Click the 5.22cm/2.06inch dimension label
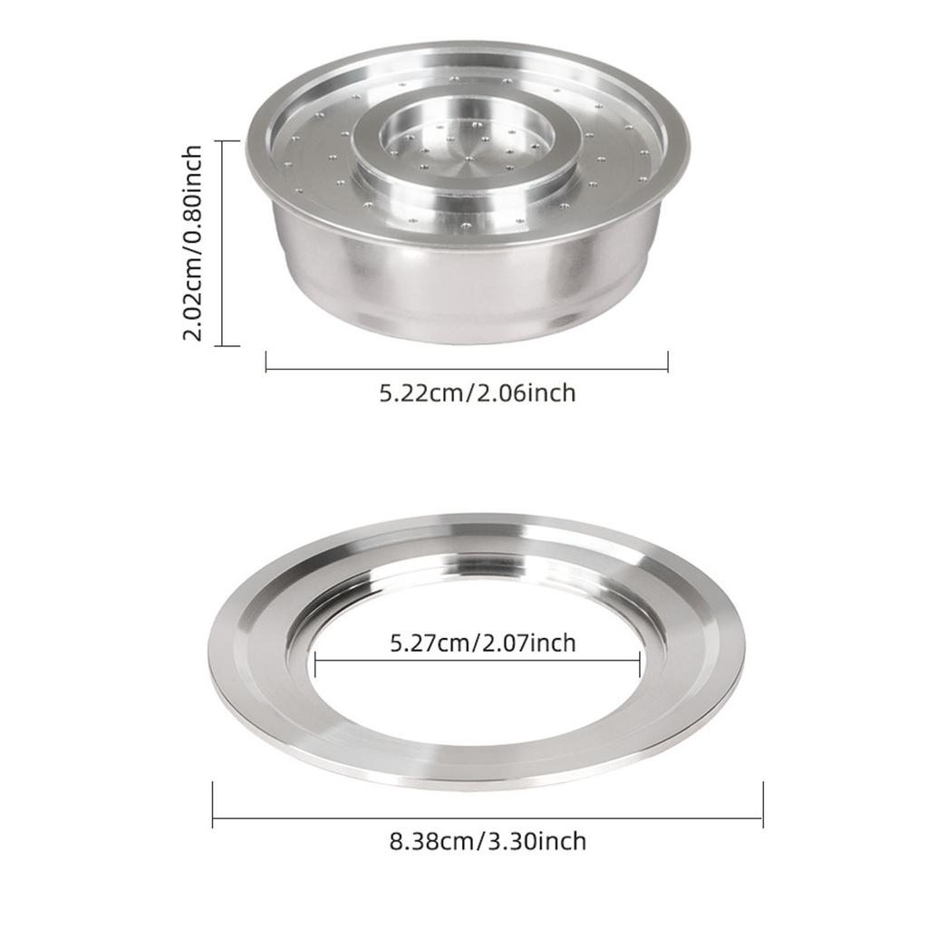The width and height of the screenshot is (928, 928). pyautogui.click(x=477, y=393)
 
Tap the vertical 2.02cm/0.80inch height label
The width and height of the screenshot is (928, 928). pyautogui.click(x=193, y=243)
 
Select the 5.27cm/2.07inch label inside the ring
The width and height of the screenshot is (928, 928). pyautogui.click(x=482, y=643)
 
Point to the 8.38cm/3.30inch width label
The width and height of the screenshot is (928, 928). pyautogui.click(x=488, y=841)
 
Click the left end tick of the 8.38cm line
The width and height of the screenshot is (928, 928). pyautogui.click(x=212, y=805)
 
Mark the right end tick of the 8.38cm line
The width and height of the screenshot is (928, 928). pyautogui.click(x=763, y=805)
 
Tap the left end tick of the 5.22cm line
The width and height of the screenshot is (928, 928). pyautogui.click(x=266, y=362)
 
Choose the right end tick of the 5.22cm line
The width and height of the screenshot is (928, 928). pyautogui.click(x=668, y=362)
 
